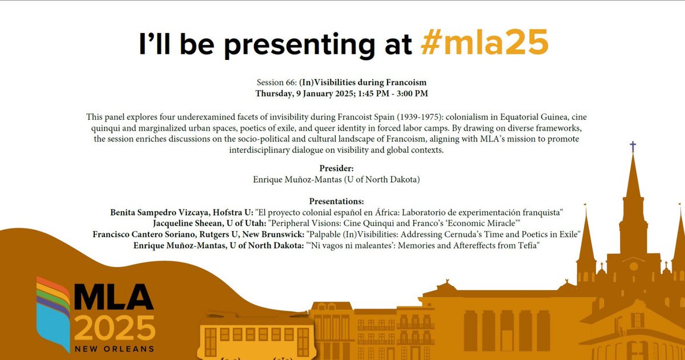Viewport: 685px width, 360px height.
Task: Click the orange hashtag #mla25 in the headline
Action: click(x=483, y=44)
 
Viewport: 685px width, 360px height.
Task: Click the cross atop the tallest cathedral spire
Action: click(x=632, y=147)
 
